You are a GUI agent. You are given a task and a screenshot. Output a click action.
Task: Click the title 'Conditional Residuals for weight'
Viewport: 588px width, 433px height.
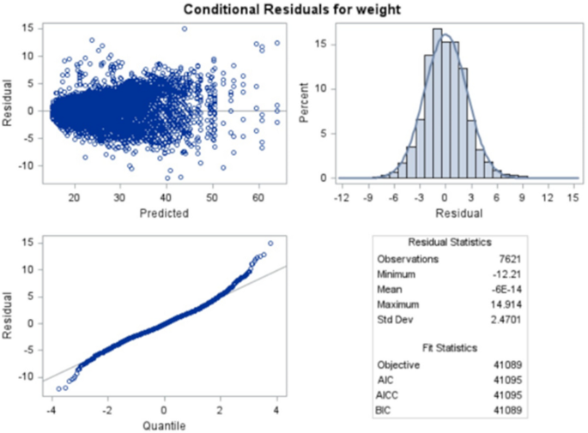(294, 9)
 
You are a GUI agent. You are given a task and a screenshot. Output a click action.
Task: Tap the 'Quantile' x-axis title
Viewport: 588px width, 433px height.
(163, 424)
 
